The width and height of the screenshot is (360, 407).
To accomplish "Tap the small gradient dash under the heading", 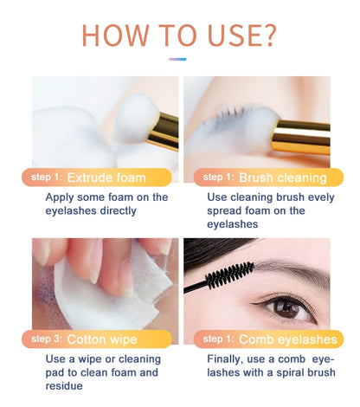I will (178, 60).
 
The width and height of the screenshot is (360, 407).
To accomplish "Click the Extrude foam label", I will (106, 178).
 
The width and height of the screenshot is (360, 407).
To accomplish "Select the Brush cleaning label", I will (282, 178).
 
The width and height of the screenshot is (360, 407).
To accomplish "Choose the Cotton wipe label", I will (101, 339).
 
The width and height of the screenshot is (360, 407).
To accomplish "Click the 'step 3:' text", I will (46, 339).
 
